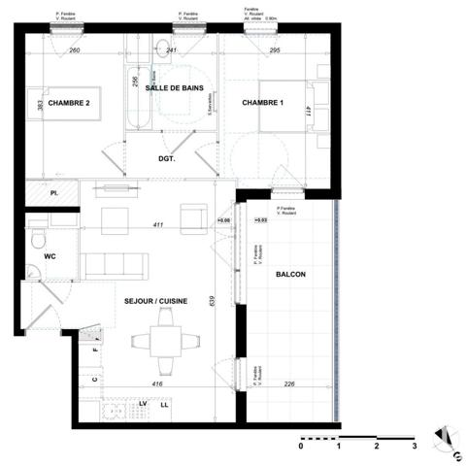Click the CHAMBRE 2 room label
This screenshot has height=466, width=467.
point(68,103)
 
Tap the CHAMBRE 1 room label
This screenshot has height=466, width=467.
point(263,103)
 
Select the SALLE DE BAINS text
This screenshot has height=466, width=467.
point(173,87)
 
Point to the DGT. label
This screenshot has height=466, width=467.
point(167,159)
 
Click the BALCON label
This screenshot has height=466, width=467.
point(290,275)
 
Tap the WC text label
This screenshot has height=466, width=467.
point(50,257)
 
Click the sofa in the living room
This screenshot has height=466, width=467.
point(116,263)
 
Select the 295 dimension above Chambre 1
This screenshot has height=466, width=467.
point(275,50)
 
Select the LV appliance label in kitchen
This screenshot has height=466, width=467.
point(143,404)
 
